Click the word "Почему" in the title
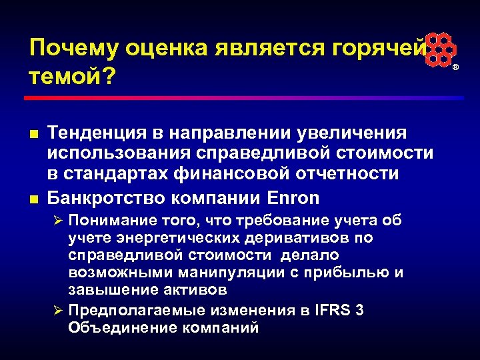click(x=67, y=49)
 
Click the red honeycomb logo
click(x=441, y=49)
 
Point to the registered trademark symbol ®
click(x=456, y=69)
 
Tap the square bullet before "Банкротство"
click(x=33, y=199)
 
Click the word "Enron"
click(x=293, y=199)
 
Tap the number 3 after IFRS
click(x=361, y=310)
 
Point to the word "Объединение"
click(x=114, y=327)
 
